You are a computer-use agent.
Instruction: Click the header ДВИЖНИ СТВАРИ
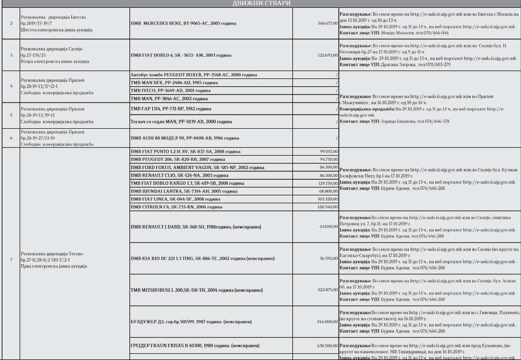pos(260,3)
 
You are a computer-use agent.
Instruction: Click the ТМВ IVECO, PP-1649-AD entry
pos(170,90)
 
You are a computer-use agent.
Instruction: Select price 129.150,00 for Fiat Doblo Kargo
pos(327,183)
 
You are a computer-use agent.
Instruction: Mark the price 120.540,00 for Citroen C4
pos(327,207)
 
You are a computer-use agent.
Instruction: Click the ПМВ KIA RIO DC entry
pos(202,259)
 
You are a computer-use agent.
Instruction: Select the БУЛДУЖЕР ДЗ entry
pos(190,322)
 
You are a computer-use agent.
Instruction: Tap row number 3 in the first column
pos(11,55)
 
